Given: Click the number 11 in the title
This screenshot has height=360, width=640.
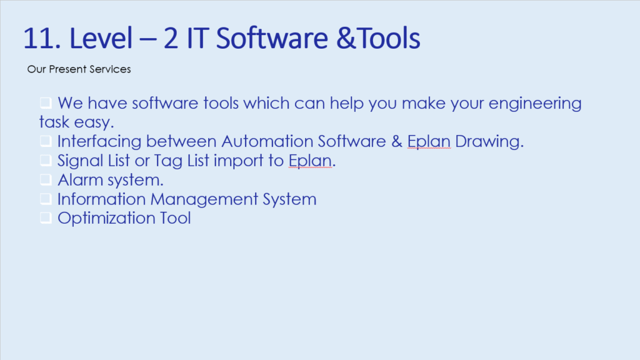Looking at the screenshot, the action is [39, 38].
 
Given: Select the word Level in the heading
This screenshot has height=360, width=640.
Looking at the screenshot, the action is [101, 38].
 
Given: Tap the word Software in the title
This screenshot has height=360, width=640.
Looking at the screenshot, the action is [272, 38].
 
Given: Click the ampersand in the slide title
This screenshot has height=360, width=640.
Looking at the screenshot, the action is [346, 38].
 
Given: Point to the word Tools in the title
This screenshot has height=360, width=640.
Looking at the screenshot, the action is [389, 38].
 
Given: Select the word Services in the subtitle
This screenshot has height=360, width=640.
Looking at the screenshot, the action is [110, 69].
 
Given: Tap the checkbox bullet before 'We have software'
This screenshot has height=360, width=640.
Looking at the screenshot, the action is [46, 102].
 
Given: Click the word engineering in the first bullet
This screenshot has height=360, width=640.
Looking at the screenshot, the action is [535, 104].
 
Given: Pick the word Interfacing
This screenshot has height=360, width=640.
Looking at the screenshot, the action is [99, 142].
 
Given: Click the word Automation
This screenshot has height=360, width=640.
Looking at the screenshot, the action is [267, 141].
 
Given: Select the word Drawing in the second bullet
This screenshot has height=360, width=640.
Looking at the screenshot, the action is [489, 142].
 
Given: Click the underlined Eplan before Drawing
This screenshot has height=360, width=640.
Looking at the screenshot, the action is [429, 142].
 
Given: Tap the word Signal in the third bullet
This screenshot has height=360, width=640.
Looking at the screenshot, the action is [81, 161].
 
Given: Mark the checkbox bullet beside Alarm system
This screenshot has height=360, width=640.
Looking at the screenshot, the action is [46, 179].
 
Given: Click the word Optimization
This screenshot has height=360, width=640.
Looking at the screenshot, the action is [106, 219].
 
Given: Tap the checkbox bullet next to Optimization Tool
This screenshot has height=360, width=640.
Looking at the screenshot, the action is [46, 217].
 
